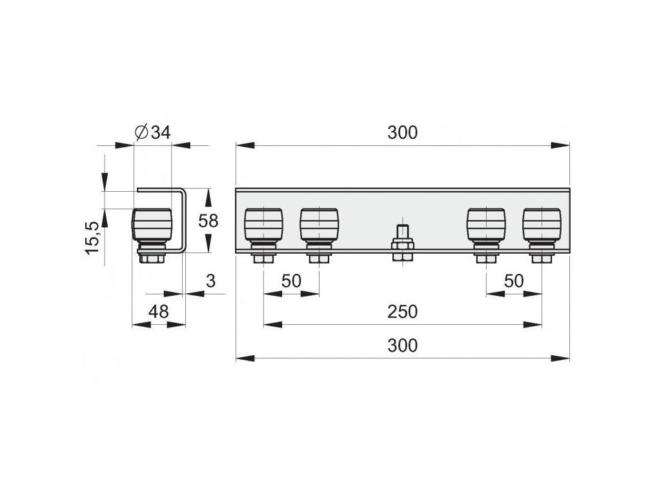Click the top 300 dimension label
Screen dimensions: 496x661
point(402,133)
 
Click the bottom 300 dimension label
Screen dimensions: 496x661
point(402,346)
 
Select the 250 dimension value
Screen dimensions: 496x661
point(402,311)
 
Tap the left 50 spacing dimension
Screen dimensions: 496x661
point(292,281)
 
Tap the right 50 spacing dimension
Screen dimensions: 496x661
point(514,281)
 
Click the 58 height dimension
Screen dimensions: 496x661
point(208,221)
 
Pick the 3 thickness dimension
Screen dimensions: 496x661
point(210,281)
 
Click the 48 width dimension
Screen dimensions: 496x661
point(158,311)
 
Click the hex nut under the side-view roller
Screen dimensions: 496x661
point(152,259)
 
